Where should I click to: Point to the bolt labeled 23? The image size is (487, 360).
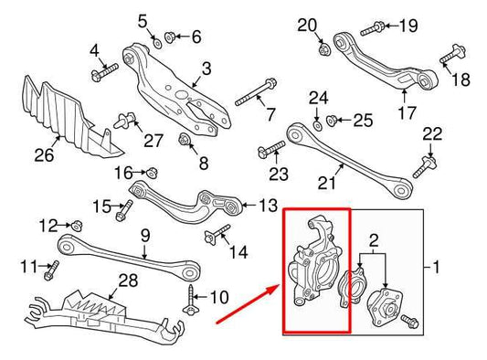[x=271, y=149]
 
